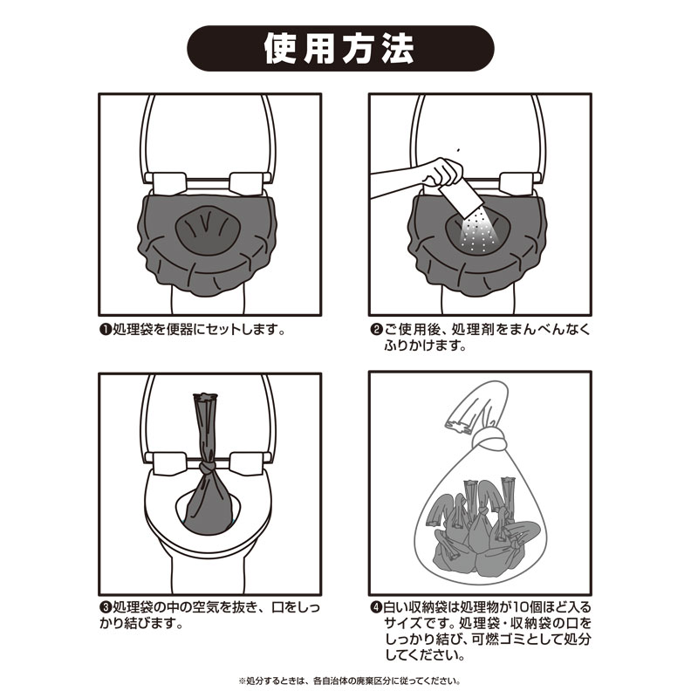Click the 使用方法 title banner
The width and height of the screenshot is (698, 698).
click(x=340, y=48)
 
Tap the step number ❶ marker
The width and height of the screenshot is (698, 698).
click(x=105, y=331)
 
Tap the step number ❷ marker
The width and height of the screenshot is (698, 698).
click(x=377, y=331)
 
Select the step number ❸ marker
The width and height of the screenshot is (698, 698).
click(x=105, y=607)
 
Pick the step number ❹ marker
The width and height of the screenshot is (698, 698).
click(x=377, y=607)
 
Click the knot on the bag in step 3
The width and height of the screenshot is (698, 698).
click(x=207, y=468)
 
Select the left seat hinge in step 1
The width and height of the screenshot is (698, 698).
click(x=168, y=182)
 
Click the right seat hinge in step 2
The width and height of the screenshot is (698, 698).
click(x=516, y=183)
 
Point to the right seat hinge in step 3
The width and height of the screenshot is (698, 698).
click(x=246, y=463)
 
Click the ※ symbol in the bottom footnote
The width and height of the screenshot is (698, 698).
click(x=243, y=681)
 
